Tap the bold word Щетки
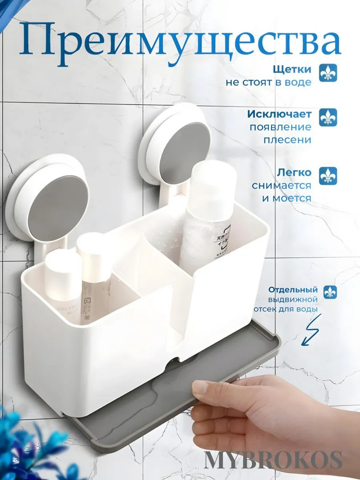(292, 69)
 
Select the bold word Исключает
(279, 114)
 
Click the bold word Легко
(294, 173)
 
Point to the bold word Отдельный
(293, 289)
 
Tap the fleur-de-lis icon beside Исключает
(328, 117)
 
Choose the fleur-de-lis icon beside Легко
(328, 176)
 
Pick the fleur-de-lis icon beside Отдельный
(330, 292)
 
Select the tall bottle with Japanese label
(208, 216)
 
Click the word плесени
(287, 140)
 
